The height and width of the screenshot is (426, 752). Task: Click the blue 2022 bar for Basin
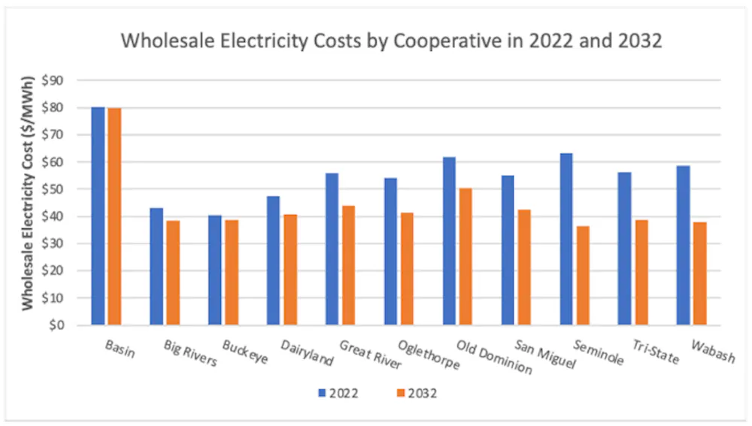pyautogui.click(x=98, y=216)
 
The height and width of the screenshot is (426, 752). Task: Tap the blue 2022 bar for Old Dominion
pyautogui.click(x=449, y=241)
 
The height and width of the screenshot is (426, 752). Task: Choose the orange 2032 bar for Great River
pyautogui.click(x=348, y=265)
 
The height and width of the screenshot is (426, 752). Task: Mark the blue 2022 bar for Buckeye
pyautogui.click(x=215, y=270)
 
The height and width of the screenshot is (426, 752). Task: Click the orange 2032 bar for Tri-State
pyautogui.click(x=641, y=273)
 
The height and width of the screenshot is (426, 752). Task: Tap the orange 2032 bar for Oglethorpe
pyautogui.click(x=407, y=269)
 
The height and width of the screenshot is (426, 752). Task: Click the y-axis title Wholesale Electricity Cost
pyautogui.click(x=28, y=203)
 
